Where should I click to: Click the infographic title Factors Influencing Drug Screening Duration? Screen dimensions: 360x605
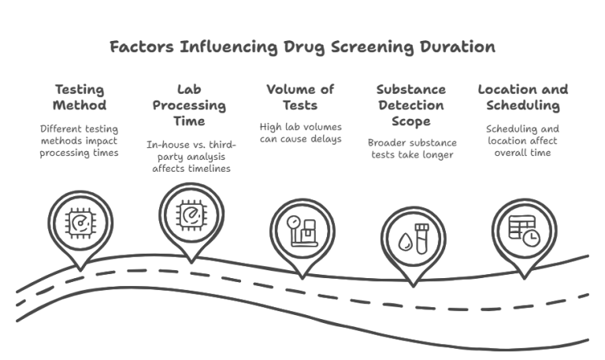(x=302, y=46)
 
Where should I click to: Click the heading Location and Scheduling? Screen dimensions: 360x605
(x=522, y=98)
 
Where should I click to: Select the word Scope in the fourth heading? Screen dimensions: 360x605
(x=412, y=121)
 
